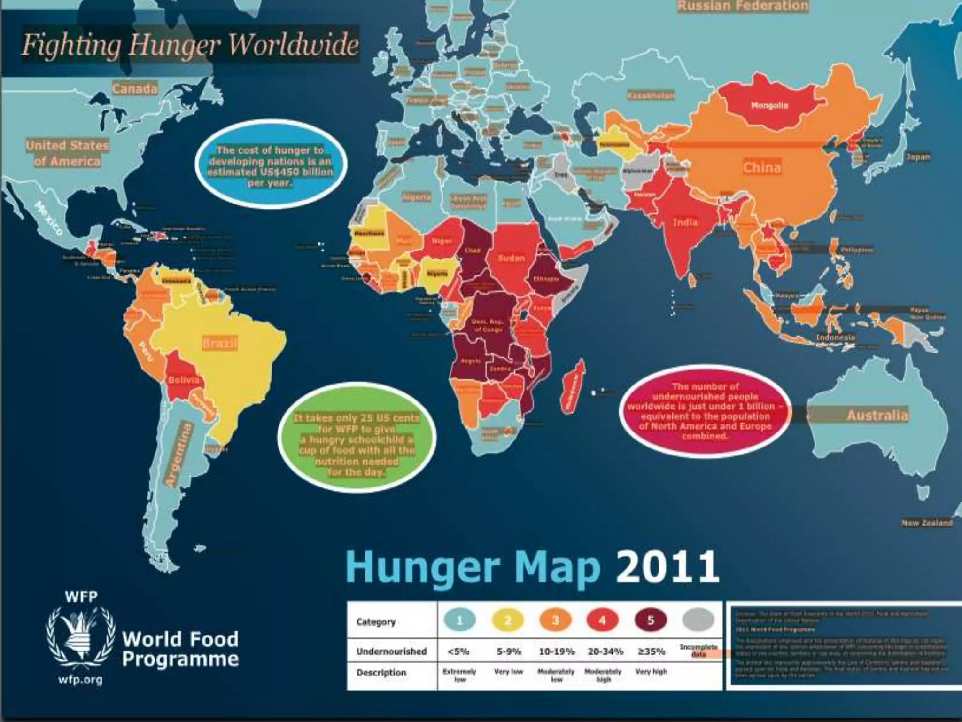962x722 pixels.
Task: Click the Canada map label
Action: tap(135, 89)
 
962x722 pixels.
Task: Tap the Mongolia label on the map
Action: tap(769, 106)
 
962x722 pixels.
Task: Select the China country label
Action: tap(762, 167)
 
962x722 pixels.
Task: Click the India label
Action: tap(685, 222)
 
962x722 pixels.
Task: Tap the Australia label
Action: tap(877, 416)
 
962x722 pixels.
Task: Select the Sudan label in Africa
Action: tap(511, 258)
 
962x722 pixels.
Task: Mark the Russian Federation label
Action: tap(742, 6)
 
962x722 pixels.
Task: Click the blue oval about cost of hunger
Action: tap(271, 165)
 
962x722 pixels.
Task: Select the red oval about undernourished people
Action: tap(705, 411)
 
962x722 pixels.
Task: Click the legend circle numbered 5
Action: tap(651, 620)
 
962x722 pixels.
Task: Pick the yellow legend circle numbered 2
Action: tap(508, 620)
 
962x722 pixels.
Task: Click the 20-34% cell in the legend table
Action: tap(605, 651)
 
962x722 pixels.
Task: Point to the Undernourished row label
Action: tap(391, 651)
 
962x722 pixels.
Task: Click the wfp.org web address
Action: tap(81, 680)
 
